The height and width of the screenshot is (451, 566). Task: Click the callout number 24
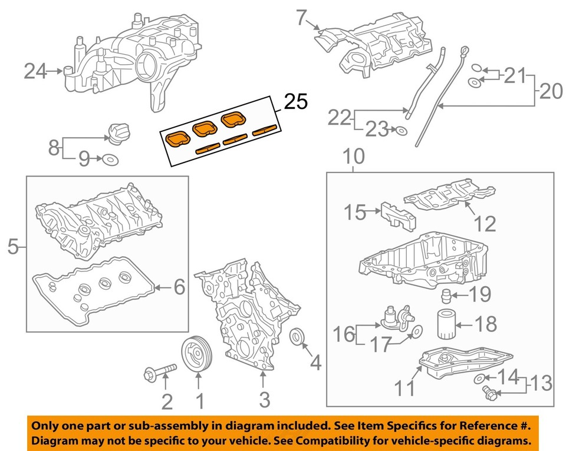35,72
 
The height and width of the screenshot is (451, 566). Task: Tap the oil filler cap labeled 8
117,132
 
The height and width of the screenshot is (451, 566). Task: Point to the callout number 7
302,18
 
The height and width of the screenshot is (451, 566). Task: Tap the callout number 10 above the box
354,157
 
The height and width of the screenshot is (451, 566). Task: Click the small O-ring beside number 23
401,131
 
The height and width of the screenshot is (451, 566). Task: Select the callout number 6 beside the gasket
179,287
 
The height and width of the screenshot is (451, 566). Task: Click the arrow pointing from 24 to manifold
55,72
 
